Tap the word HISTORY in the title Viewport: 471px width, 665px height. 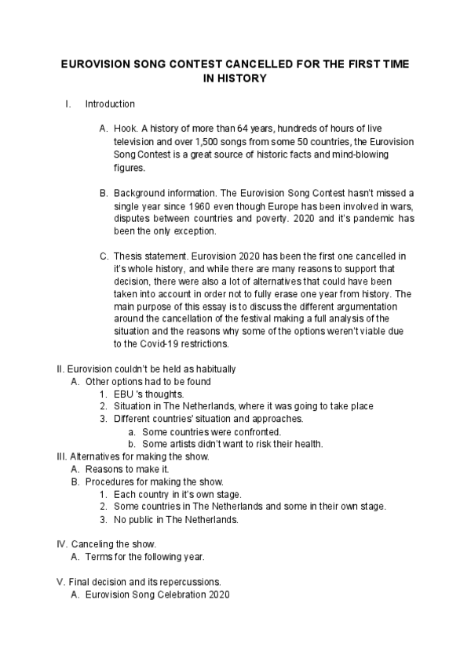coord(240,78)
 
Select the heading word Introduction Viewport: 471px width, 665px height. coord(110,104)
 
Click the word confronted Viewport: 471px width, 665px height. coord(255,431)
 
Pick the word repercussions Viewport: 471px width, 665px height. coord(186,582)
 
